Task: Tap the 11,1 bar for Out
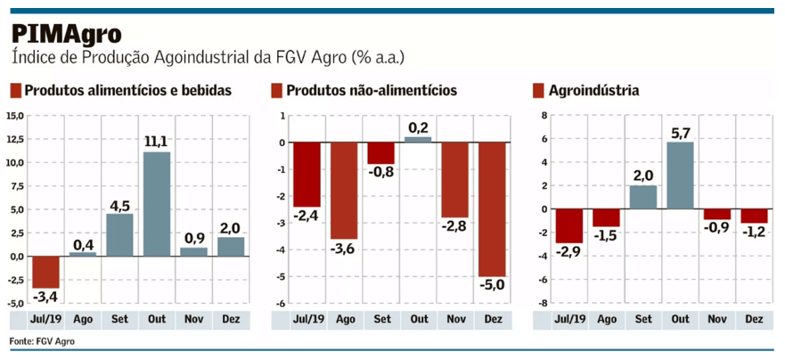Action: pos(157,204)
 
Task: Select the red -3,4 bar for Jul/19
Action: pos(45,271)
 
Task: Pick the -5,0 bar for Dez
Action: pos(491,209)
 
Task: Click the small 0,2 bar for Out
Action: pos(418,139)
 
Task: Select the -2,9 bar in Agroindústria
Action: pos(568,225)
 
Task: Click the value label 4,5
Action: pos(120,204)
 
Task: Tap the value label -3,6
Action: pos(344,250)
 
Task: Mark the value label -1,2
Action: pos(753,233)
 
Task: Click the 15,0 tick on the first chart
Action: pos(15,116)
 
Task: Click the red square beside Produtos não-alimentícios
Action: pos(277,90)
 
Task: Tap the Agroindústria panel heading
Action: pos(593,90)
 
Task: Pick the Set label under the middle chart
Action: pos(381,318)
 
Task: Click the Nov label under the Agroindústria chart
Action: pos(716,318)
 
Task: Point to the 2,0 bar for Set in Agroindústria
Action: pos(642,197)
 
